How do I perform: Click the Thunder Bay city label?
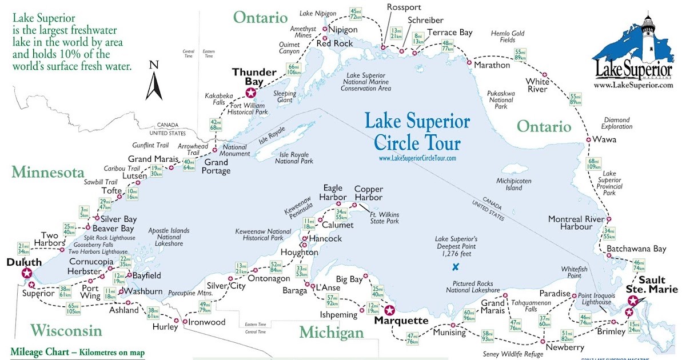[251, 77]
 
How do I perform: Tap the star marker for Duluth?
[26, 273]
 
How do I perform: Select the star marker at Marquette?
[389, 310]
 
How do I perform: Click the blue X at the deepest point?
[456, 266]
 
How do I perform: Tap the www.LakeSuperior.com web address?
[633, 85]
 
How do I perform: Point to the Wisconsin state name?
[66, 330]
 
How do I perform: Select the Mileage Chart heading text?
[77, 352]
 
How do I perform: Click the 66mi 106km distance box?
[294, 69]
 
